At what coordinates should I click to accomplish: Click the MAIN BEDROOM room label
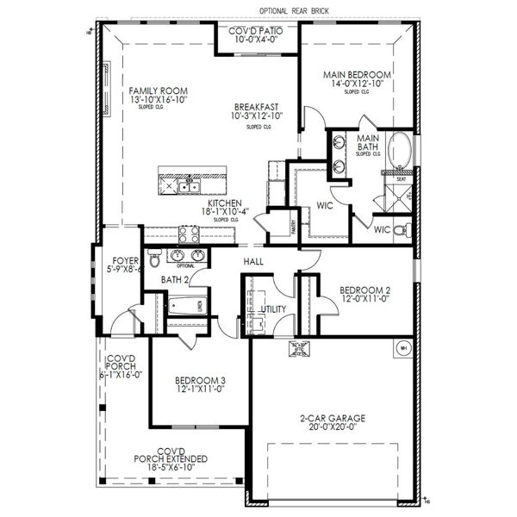[x=357, y=75]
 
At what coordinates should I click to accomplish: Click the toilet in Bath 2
[x=154, y=258]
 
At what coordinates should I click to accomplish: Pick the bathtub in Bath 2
[x=185, y=306]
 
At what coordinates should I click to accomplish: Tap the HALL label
[x=252, y=261]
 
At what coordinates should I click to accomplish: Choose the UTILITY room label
[x=273, y=308]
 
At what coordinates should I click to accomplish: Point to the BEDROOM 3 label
[x=200, y=380]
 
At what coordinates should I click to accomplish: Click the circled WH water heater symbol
[x=402, y=349]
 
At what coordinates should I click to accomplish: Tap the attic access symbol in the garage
[x=299, y=348]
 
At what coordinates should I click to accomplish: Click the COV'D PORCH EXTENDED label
[x=171, y=454]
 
